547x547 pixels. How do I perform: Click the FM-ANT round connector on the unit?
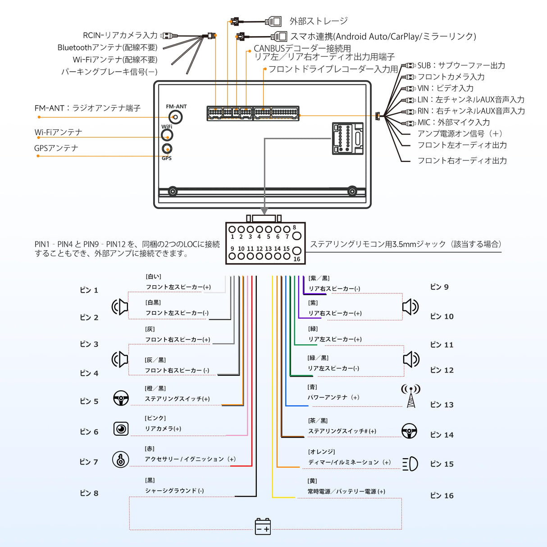point(176,117)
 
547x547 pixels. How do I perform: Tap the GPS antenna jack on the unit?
point(167,149)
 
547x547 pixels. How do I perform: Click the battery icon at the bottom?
point(263,526)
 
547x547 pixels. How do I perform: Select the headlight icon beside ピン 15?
point(410,464)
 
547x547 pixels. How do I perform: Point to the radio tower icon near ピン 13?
point(410,396)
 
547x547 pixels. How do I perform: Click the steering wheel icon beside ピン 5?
point(121,398)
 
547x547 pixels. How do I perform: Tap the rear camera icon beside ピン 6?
point(121,428)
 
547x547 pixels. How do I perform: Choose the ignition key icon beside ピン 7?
point(121,459)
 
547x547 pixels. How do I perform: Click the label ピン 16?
point(442,496)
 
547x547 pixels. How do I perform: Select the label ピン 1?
point(89,290)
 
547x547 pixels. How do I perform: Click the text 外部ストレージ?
point(318,21)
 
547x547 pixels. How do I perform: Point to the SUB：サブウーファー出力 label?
point(461,65)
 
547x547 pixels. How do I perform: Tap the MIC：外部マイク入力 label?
point(453,122)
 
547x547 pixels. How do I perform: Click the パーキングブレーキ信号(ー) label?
point(109,72)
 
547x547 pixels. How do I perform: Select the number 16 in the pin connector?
point(296,259)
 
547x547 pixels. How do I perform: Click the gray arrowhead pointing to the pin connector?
point(264,211)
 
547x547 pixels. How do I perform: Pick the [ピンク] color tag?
point(155,418)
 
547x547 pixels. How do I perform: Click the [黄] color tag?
point(312,481)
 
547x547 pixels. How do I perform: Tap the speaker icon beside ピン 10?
point(410,307)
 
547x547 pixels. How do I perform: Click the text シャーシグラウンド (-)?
point(174,491)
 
